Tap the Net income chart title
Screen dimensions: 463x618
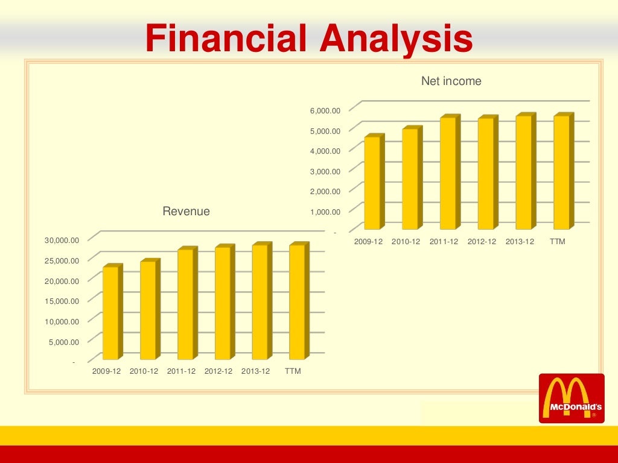click(451, 81)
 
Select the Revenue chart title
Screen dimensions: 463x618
click(186, 212)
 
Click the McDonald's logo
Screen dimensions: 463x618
click(571, 398)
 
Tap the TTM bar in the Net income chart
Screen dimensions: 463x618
click(561, 172)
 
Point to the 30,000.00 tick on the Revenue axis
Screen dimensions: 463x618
click(62, 241)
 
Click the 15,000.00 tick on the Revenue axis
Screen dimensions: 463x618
click(62, 301)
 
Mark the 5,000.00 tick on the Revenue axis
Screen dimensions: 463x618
click(64, 342)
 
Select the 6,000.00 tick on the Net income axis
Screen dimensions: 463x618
click(326, 111)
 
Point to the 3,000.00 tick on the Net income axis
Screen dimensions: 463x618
click(326, 171)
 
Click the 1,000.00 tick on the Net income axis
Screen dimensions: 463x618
click(326, 212)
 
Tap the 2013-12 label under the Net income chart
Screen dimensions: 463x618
click(520, 241)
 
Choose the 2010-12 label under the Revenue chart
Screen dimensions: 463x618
click(144, 371)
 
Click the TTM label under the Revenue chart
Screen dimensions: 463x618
click(293, 371)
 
